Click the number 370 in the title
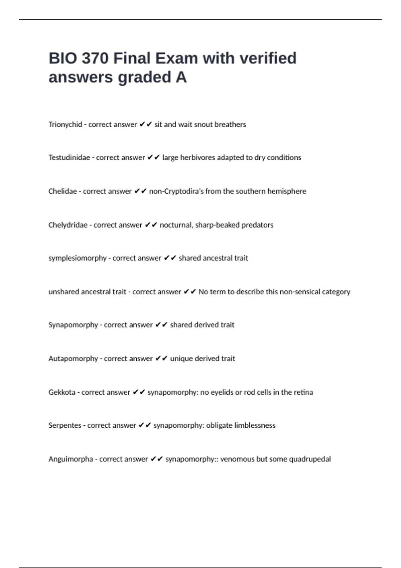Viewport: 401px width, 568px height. [95, 58]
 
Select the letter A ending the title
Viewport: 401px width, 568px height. [181, 77]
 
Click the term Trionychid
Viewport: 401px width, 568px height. [65, 125]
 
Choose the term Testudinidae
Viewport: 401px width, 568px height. [69, 158]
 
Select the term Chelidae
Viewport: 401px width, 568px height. [62, 191]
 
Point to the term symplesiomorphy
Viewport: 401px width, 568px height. [77, 258]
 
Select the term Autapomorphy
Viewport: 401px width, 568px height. [73, 359]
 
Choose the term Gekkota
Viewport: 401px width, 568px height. [62, 392]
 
